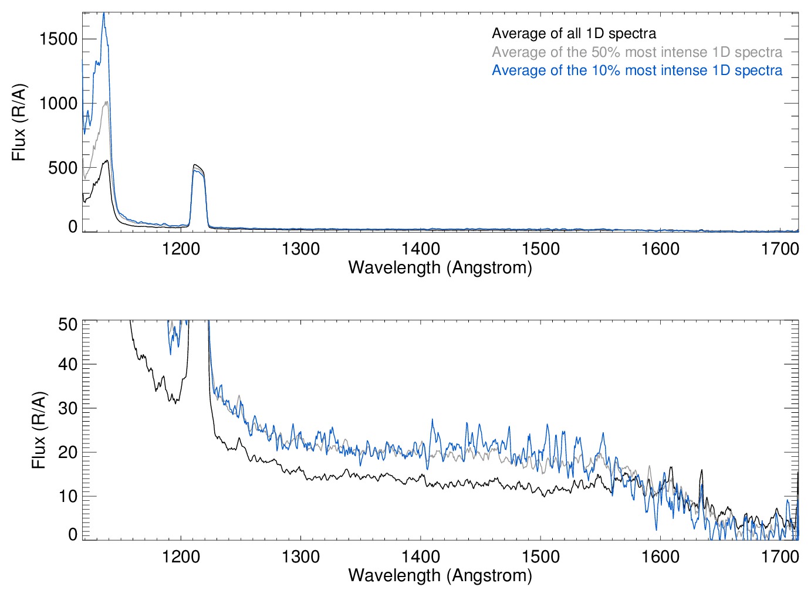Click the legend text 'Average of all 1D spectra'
pyautogui.click(x=573, y=33)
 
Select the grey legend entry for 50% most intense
pyautogui.click(x=637, y=52)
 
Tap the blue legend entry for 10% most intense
pyautogui.click(x=637, y=70)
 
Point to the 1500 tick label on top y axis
pyautogui.click(x=58, y=39)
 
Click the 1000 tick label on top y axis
pyautogui.click(x=58, y=104)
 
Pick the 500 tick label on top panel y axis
pyautogui.click(x=63, y=168)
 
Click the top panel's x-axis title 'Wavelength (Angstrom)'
pyautogui.click(x=440, y=267)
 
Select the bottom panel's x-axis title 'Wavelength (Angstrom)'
pyautogui.click(x=440, y=575)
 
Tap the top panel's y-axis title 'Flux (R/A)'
pyautogui.click(x=19, y=123)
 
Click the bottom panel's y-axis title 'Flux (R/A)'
pyautogui.click(x=38, y=430)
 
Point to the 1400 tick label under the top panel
pyautogui.click(x=421, y=249)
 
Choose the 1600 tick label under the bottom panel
pyautogui.click(x=660, y=556)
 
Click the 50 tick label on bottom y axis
pyautogui.click(x=68, y=324)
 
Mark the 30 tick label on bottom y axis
pyautogui.click(x=68, y=408)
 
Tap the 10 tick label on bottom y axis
pyautogui.click(x=68, y=496)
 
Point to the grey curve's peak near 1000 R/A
pyautogui.click(x=106, y=102)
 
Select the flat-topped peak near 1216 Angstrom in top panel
pyautogui.click(x=198, y=167)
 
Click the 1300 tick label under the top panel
pyautogui.click(x=300, y=249)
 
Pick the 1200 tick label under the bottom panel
pyautogui.click(x=181, y=556)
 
